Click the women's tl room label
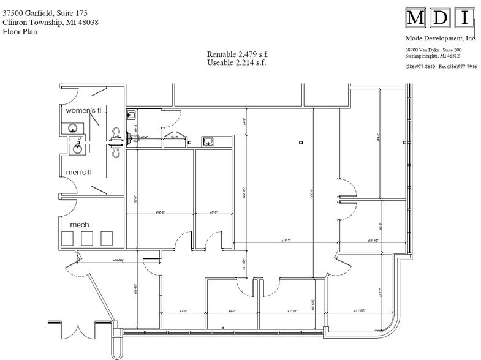pyautogui.click(x=87, y=110)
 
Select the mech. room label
pyautogui.click(x=80, y=225)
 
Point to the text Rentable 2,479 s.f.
pyautogui.click(x=237, y=54)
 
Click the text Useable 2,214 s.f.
pyautogui.click(x=237, y=62)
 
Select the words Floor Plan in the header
pyautogui.click(x=20, y=31)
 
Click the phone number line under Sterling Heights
pyautogui.click(x=441, y=66)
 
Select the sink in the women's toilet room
pyautogui.click(x=73, y=128)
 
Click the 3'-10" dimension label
pyautogui.click(x=173, y=138)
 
